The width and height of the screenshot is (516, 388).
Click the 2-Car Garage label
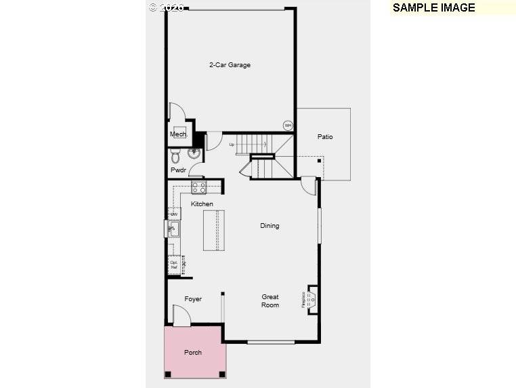click(x=230, y=65)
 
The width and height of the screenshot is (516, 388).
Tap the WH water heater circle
click(x=288, y=125)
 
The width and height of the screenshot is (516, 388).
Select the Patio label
click(x=325, y=137)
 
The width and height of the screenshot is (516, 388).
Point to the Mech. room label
click(x=178, y=135)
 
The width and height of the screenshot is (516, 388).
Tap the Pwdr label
click(x=178, y=170)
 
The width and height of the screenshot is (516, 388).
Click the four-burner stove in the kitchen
click(x=198, y=187)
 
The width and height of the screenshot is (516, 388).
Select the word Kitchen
click(x=202, y=204)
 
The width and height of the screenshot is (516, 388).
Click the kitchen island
click(x=213, y=231)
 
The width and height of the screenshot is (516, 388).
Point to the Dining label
click(x=270, y=226)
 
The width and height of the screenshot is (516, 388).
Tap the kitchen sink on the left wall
click(x=172, y=229)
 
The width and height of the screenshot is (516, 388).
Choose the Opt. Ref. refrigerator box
click(x=174, y=265)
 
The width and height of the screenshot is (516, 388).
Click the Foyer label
click(x=193, y=299)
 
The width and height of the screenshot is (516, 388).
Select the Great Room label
click(x=270, y=301)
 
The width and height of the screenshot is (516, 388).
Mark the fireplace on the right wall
click(x=311, y=298)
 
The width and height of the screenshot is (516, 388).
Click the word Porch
click(x=193, y=353)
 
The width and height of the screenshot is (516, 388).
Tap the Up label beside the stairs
click(x=232, y=144)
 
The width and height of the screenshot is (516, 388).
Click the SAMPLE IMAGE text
click(x=433, y=8)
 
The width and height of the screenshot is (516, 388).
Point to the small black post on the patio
click(x=319, y=161)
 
